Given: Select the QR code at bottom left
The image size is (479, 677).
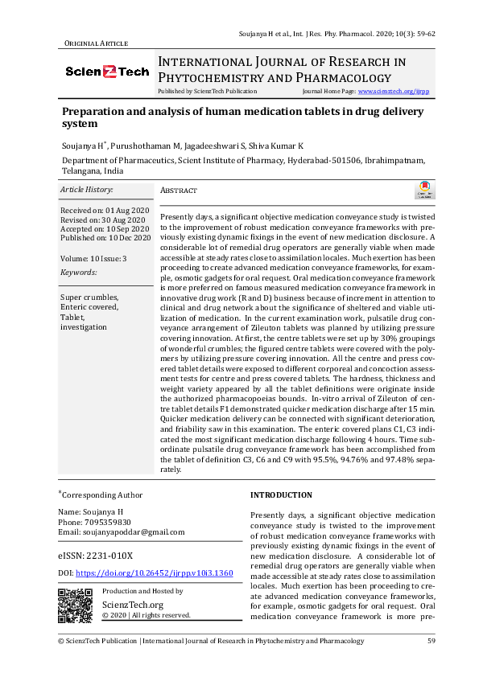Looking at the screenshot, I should [76, 605].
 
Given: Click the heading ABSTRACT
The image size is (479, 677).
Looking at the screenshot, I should [179, 191].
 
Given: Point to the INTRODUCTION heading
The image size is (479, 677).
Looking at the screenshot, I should [281, 495].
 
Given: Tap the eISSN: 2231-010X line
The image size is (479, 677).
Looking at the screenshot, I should [96, 556].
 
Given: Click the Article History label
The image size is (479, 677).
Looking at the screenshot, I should [87, 190].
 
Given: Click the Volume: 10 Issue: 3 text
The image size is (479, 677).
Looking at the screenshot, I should [93, 258].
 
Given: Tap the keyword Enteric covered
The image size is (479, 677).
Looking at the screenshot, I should [89, 307].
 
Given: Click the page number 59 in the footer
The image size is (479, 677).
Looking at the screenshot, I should [431, 641].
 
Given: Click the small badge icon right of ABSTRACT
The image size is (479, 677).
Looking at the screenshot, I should [423, 191].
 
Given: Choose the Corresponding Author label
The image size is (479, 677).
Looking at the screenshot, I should [102, 495].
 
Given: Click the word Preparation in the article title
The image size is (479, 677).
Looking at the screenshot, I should [97, 112].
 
